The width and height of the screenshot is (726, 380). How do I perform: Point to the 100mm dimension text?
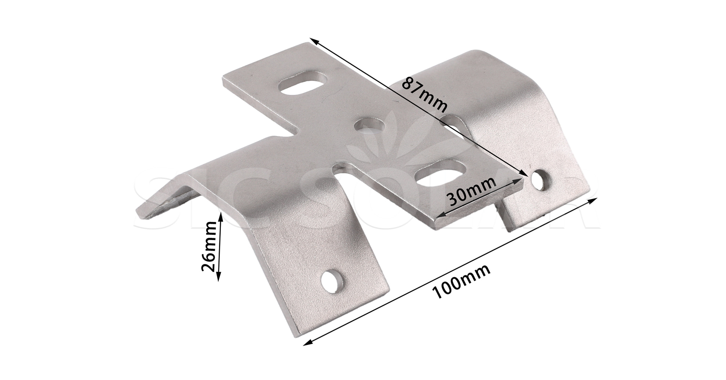461,282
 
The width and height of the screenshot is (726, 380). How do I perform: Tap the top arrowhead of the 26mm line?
221,215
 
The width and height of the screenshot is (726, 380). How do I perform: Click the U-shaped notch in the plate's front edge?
346,174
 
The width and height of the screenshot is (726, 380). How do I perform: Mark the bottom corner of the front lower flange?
296,336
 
